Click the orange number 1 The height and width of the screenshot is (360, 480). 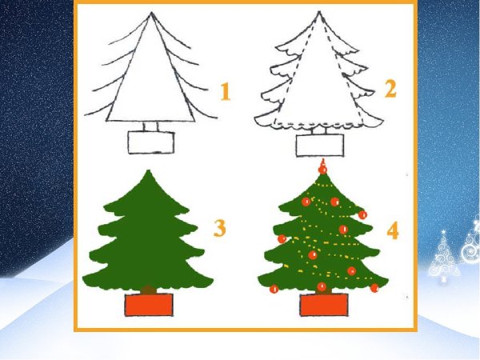tap(226, 91)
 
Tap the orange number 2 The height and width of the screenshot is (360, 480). tap(390, 89)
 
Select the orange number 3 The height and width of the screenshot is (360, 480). tap(220, 228)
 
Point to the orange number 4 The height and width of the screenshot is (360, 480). tap(393, 230)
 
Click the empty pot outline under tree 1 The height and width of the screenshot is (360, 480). tap(151, 142)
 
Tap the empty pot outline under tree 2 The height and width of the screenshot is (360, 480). tap(319, 146)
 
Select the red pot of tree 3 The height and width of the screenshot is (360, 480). tap(149, 305)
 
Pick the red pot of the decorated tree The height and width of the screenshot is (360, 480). tap(324, 305)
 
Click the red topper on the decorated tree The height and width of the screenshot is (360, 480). tap(322, 167)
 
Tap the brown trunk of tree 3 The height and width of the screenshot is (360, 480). tap(149, 290)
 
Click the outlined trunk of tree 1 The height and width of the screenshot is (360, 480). tap(150, 126)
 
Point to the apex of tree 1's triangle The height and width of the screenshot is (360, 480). tap(151, 13)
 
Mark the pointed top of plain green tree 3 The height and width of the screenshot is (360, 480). tap(149, 171)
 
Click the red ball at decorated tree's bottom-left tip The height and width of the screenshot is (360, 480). tap(274, 289)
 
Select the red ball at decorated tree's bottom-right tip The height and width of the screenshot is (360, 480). tap(374, 288)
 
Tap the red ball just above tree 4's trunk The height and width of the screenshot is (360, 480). tap(322, 286)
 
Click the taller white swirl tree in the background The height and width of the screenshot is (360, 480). tap(443, 257)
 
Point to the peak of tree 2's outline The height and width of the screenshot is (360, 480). tap(319, 12)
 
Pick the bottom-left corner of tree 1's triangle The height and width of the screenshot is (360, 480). tap(107, 121)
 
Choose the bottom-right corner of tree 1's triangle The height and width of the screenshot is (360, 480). tap(194, 122)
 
